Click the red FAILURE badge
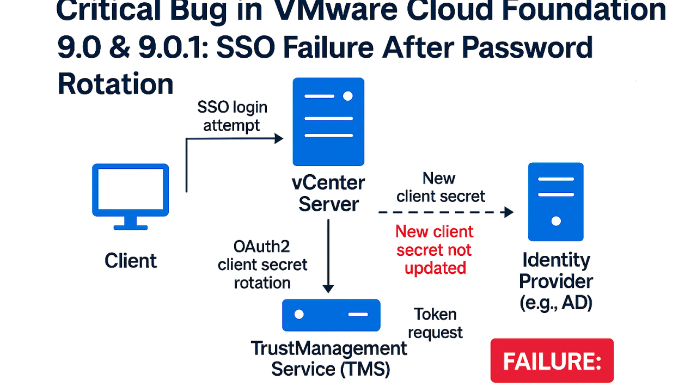(552, 360)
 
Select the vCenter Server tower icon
(328, 121)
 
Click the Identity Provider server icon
(555, 201)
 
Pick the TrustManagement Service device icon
(331, 315)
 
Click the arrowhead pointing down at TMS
(328, 287)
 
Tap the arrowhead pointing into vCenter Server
(278, 138)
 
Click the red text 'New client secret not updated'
(435, 250)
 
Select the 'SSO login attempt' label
(232, 116)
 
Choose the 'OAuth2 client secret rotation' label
(262, 265)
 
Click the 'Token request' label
(435, 323)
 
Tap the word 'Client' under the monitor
(131, 261)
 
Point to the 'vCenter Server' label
(328, 193)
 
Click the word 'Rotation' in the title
(115, 84)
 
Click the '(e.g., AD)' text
(555, 302)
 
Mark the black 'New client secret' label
(440, 187)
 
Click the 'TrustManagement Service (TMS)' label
(329, 358)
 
